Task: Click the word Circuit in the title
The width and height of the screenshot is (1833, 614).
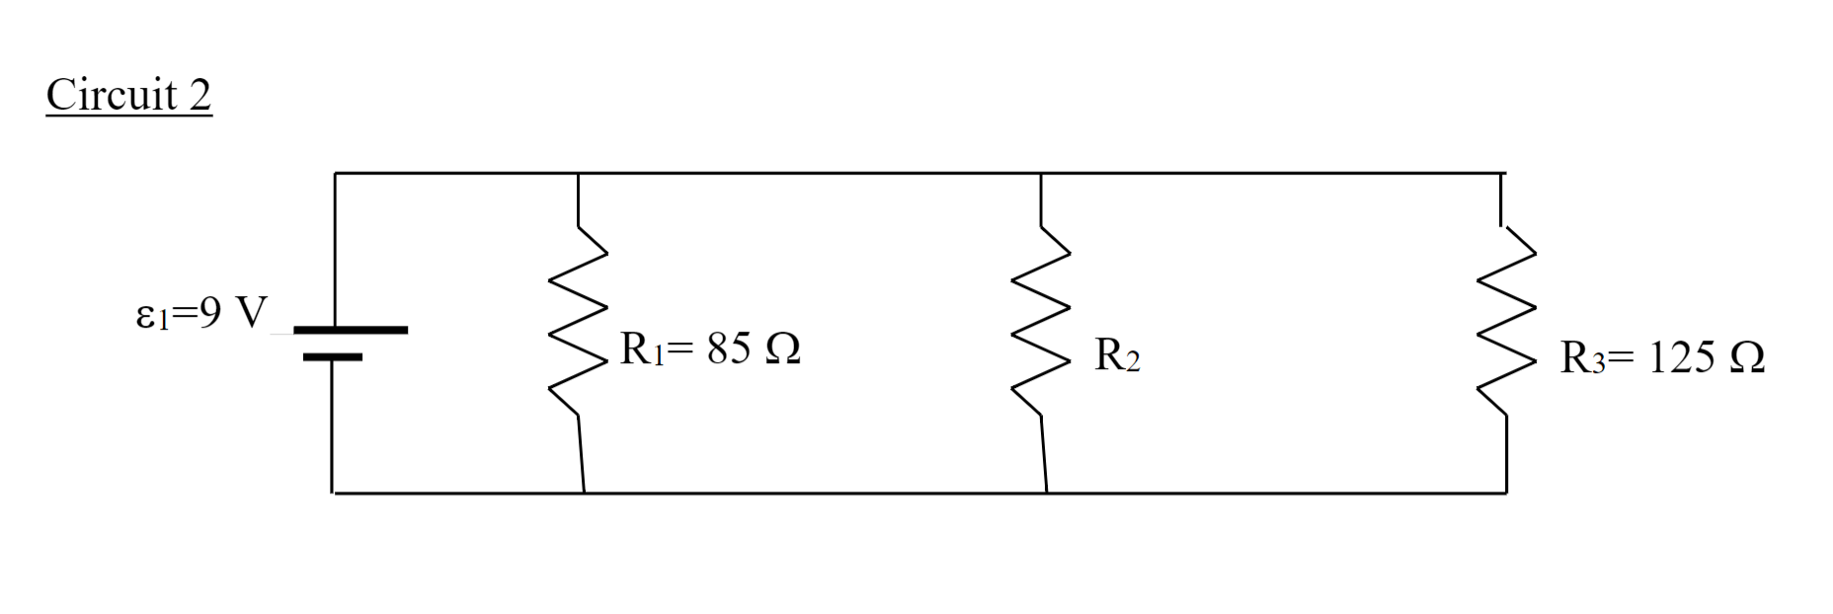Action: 112,95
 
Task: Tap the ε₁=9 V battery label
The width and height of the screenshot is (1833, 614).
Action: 200,314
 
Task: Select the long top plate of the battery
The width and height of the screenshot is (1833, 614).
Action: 350,330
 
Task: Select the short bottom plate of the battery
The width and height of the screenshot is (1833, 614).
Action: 333,356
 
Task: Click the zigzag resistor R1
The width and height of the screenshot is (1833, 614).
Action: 578,321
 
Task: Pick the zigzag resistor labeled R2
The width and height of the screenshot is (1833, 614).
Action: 1041,321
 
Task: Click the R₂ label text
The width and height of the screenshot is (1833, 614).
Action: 1117,355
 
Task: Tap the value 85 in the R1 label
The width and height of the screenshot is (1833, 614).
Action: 729,349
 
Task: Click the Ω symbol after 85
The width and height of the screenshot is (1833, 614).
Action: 782,349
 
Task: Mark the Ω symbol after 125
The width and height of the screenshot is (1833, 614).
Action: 1748,357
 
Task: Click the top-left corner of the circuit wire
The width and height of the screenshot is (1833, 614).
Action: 335,174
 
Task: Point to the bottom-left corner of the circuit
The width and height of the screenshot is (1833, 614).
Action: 332,492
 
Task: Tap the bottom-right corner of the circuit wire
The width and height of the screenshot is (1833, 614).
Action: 1506,492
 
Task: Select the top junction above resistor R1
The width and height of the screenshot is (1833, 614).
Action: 578,174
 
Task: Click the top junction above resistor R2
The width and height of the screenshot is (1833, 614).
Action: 1041,174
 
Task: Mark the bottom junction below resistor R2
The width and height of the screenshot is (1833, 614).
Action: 1046,492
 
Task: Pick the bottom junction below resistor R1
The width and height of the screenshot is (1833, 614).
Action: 584,492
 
